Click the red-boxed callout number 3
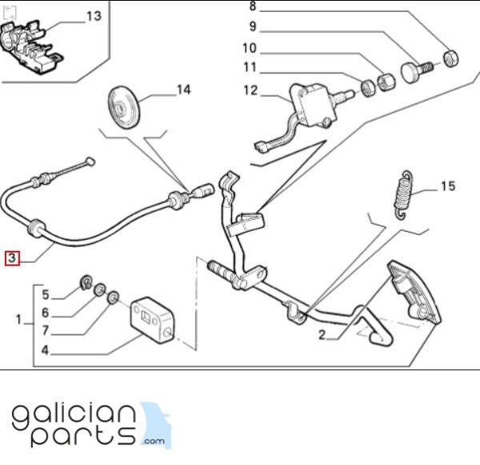tap(12, 258)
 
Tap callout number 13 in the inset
tap(94, 16)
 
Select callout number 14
tap(184, 89)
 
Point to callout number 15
tap(448, 186)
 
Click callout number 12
tap(250, 90)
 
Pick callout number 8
tap(253, 6)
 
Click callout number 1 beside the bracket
tap(18, 320)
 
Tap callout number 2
tap(322, 335)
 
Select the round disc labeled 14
tap(124, 107)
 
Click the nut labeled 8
tap(451, 58)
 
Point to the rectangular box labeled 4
tap(152, 320)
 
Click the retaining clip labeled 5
tap(86, 282)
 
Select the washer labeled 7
tap(113, 297)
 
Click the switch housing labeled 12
tap(312, 105)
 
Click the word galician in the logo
tap(74, 418)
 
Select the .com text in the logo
tap(153, 441)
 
